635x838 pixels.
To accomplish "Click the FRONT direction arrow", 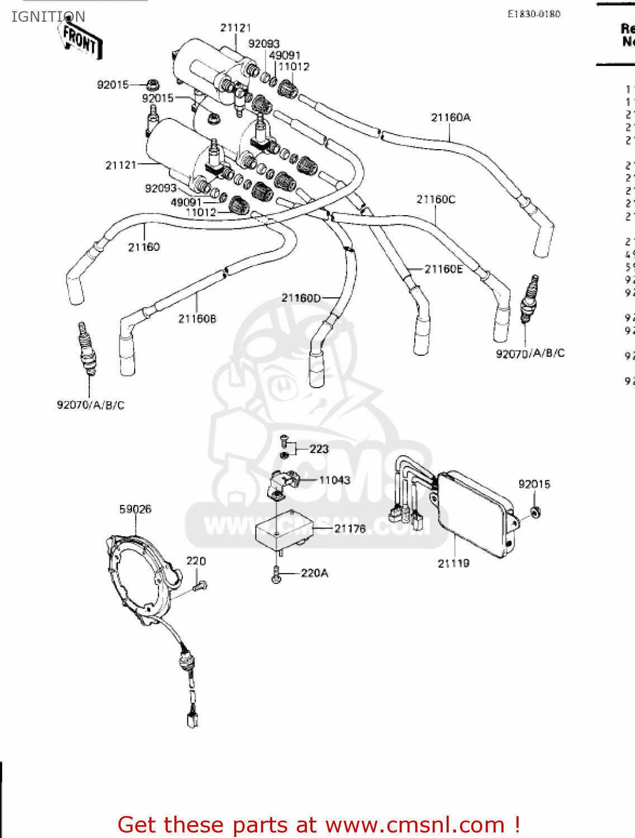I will [x=80, y=40].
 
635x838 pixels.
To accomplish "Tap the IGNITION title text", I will [x=48, y=17].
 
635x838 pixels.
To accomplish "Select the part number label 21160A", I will [x=451, y=117].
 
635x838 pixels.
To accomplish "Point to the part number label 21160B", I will [x=197, y=319].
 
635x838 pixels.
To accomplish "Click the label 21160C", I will [x=435, y=199].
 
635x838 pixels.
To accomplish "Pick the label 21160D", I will [x=301, y=298].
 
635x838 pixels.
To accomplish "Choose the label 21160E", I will [x=443, y=269].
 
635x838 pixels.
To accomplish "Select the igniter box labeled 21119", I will [x=475, y=514].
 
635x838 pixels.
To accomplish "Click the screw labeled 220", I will [x=200, y=585].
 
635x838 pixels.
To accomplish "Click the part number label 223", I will [x=319, y=449].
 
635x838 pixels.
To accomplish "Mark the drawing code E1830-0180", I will [x=533, y=14].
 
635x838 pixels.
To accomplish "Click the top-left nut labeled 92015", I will [x=151, y=85].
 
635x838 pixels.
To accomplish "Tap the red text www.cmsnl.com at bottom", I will [x=415, y=825].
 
